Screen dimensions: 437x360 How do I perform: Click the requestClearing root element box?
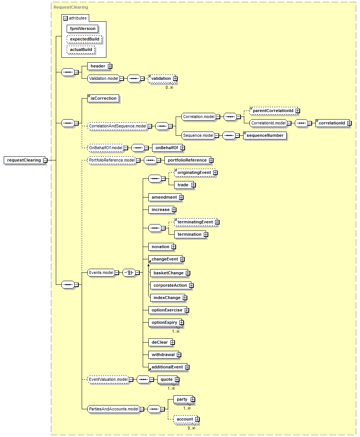click(x=24, y=160)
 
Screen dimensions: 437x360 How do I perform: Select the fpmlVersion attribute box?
click(x=82, y=28)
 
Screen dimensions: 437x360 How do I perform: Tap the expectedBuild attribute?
click(x=84, y=39)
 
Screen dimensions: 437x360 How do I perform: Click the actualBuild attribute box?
click(x=81, y=49)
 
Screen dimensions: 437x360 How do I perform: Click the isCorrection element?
click(x=103, y=98)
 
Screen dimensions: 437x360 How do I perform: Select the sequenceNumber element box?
click(x=265, y=135)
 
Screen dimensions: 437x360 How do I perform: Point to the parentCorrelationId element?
click(x=273, y=111)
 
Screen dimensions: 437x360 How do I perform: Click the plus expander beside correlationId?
click(x=349, y=123)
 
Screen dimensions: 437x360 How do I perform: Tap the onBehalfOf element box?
click(x=166, y=148)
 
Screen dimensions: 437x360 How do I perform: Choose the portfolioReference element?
click(x=187, y=160)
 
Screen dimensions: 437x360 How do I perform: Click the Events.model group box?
click(x=101, y=272)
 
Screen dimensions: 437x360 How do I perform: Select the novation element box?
click(x=160, y=247)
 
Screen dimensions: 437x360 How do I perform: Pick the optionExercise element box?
click(x=166, y=310)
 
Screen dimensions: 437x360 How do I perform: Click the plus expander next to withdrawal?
click(x=179, y=355)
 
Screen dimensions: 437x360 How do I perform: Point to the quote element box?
click(x=166, y=379)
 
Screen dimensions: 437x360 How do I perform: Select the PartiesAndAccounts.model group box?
click(x=113, y=409)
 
